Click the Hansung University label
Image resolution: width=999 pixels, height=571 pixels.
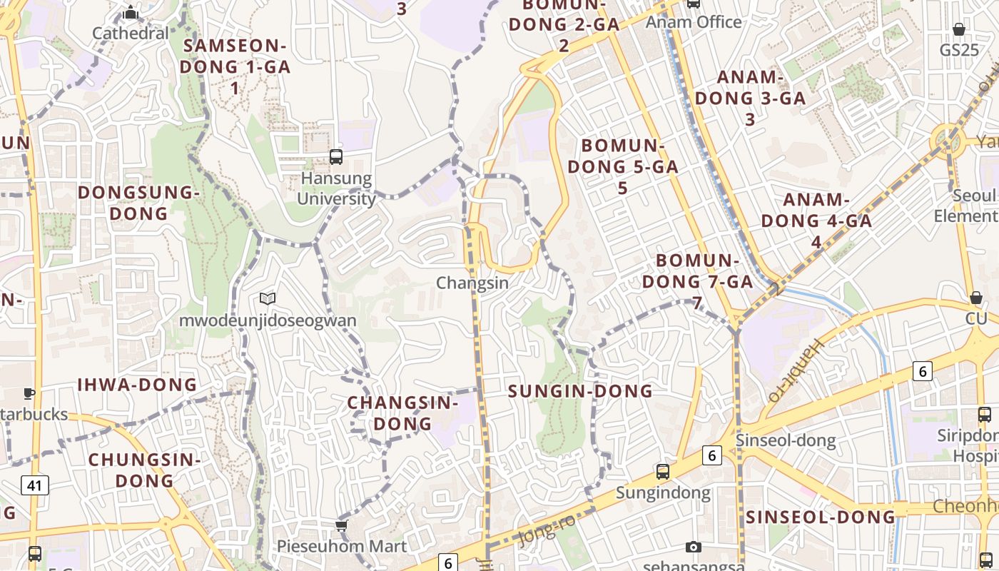336,188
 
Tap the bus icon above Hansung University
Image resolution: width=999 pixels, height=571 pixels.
336,157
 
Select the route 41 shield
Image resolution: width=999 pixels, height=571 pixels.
34,486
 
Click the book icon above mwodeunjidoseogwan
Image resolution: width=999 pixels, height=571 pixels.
268,299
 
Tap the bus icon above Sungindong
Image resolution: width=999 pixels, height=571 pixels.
663,472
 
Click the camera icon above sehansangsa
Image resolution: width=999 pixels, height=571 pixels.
693,547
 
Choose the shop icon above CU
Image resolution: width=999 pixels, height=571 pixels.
975,298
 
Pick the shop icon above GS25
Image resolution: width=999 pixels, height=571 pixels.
959,29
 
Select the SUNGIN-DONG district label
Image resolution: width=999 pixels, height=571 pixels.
580,391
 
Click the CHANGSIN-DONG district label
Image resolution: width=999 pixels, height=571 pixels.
402,413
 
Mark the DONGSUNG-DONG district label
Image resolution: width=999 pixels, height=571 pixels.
136,203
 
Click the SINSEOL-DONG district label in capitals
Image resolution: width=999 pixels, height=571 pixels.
820,517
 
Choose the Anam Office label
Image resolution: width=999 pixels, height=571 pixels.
694,22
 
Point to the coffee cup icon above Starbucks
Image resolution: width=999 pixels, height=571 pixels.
29,393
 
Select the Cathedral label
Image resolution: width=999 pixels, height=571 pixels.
131,33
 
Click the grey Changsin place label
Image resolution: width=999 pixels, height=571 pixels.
472,283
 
